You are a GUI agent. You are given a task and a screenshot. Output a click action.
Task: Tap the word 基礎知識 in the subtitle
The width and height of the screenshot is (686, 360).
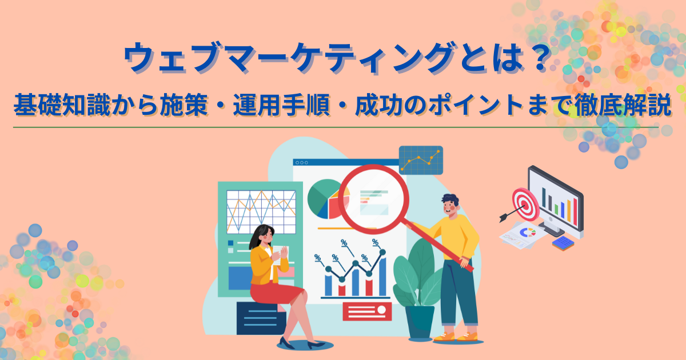point(62,105)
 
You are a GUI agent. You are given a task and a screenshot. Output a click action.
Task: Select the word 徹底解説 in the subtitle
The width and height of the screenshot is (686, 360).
point(623,105)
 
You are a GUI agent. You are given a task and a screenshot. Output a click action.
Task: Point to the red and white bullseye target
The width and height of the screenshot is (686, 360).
point(525,204)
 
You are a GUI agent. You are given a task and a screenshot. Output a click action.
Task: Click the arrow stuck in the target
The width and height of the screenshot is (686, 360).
point(512,214)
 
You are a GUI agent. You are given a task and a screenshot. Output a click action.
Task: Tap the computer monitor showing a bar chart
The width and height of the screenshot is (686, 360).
point(555,202)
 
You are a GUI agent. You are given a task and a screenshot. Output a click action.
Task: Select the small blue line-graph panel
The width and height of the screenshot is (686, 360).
point(421,160)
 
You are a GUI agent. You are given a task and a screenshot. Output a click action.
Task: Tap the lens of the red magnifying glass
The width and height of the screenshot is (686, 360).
point(374,199)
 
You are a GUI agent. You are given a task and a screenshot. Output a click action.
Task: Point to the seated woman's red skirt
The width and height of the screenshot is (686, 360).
point(275,293)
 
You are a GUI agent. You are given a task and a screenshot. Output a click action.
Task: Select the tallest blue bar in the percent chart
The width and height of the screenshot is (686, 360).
point(382,275)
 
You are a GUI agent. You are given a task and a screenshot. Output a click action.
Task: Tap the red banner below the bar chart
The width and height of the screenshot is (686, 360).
point(367,311)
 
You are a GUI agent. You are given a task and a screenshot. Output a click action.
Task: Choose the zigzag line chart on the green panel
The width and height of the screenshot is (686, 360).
point(261,212)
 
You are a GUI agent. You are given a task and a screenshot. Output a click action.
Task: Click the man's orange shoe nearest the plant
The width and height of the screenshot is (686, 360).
point(444,337)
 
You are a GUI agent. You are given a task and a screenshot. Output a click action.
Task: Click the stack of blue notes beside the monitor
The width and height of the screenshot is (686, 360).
point(563,243)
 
